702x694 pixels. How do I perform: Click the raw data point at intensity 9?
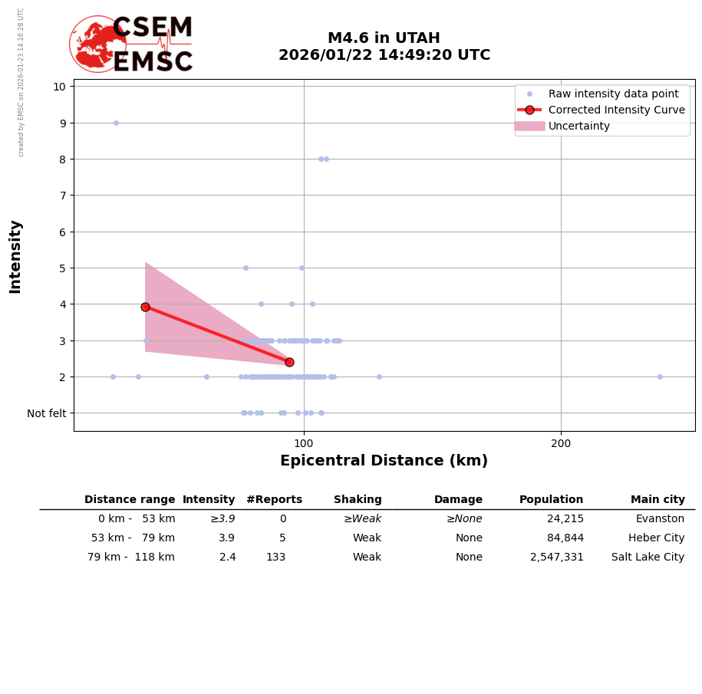[116, 123]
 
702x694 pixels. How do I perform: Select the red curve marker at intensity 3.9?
[145, 307]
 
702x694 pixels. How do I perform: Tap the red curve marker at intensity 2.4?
[289, 362]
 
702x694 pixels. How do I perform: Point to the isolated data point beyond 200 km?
[660, 377]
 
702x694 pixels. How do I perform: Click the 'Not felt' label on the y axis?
[47, 413]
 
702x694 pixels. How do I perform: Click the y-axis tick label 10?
[59, 86]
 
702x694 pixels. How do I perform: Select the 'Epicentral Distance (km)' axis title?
[384, 461]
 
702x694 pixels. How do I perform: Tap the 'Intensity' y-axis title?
[15, 256]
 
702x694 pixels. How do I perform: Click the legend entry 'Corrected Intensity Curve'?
[616, 110]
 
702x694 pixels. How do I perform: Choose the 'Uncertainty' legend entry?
[579, 126]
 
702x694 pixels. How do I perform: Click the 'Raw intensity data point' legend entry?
[613, 94]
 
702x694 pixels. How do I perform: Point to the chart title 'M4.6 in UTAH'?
[384, 38]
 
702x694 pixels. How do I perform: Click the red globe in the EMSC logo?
[97, 44]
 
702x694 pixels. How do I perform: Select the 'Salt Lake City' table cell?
[648, 558]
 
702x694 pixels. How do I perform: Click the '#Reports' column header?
[274, 500]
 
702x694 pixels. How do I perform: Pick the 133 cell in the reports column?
[275, 558]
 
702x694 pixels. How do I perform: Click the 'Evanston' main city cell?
[660, 519]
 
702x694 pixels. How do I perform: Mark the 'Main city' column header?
[658, 500]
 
